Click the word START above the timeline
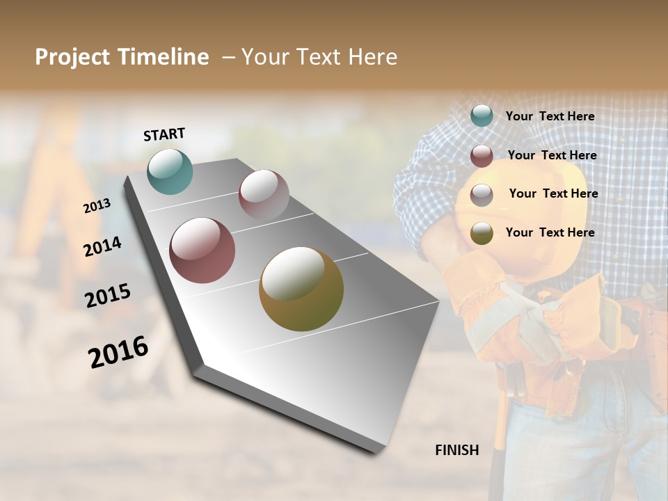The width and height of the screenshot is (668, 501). pos(164,134)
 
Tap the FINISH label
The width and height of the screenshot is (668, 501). pos(457,450)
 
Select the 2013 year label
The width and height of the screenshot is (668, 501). pos(97,205)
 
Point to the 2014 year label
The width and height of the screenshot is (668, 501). pos(103,246)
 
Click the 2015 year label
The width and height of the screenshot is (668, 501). pos(108,296)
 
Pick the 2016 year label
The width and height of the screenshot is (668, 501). pos(118,352)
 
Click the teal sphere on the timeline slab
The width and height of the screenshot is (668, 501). pos(170,171)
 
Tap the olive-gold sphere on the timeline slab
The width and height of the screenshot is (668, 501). pos(301,289)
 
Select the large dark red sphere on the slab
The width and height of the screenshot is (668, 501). pos(202,250)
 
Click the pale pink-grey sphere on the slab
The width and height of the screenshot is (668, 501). pos(264,195)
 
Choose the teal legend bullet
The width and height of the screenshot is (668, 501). pos(482,116)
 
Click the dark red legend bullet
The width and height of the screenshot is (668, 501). pos(482,156)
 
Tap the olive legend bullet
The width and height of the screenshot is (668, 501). pos(482,233)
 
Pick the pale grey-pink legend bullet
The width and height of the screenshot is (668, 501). pos(482,195)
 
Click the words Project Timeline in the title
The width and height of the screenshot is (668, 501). pos(122,57)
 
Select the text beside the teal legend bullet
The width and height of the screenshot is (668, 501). pos(550,117)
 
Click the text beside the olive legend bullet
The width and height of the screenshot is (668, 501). pos(550,232)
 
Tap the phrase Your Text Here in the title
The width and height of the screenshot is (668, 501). pos(319,57)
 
